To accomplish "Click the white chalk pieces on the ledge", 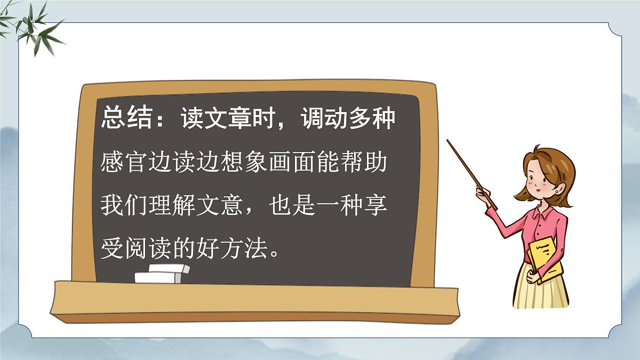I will pyautogui.click(x=161, y=273).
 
